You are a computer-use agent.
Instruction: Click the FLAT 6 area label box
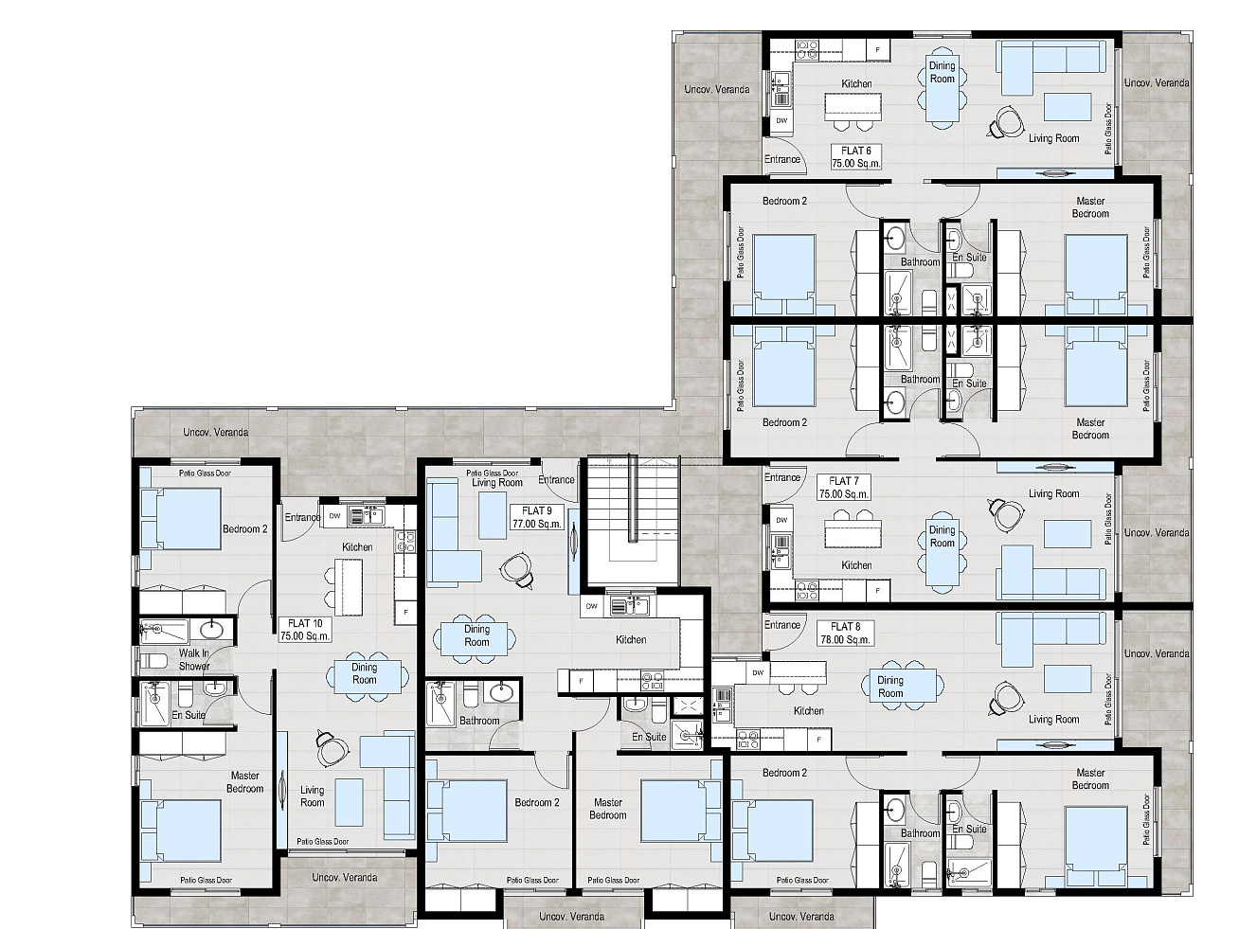tap(855, 157)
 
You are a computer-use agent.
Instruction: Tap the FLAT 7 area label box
tap(844, 488)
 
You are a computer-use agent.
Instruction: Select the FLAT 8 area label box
tap(845, 633)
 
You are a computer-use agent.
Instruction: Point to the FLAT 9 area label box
tap(536, 517)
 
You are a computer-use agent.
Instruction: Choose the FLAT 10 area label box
tap(305, 630)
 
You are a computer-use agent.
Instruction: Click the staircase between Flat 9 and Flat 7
tap(633, 520)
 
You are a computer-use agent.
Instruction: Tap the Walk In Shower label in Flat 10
tap(194, 659)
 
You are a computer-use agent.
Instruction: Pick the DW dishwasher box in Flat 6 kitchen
tap(781, 120)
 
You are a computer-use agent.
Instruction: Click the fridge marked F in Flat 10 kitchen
tap(405, 612)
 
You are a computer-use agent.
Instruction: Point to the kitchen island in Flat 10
tap(349, 587)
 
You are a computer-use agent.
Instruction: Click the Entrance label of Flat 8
tap(781, 625)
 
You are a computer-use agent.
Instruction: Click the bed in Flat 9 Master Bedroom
tap(675, 811)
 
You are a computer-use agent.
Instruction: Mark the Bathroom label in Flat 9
tap(479, 721)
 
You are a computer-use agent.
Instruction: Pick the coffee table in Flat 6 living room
tap(1067, 107)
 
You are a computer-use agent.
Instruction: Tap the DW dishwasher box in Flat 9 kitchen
tap(592, 606)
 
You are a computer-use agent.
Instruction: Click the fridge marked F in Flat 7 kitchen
tap(877, 591)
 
